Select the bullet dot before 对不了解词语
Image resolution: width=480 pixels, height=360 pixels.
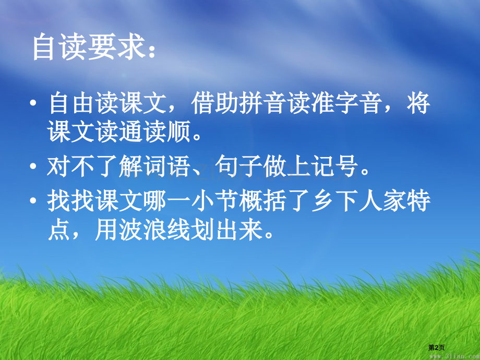pyautogui.click(x=33, y=167)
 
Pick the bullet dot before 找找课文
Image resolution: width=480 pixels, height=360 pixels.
pyautogui.click(x=33, y=200)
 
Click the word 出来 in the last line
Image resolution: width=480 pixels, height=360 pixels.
pyautogui.click(x=239, y=231)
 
